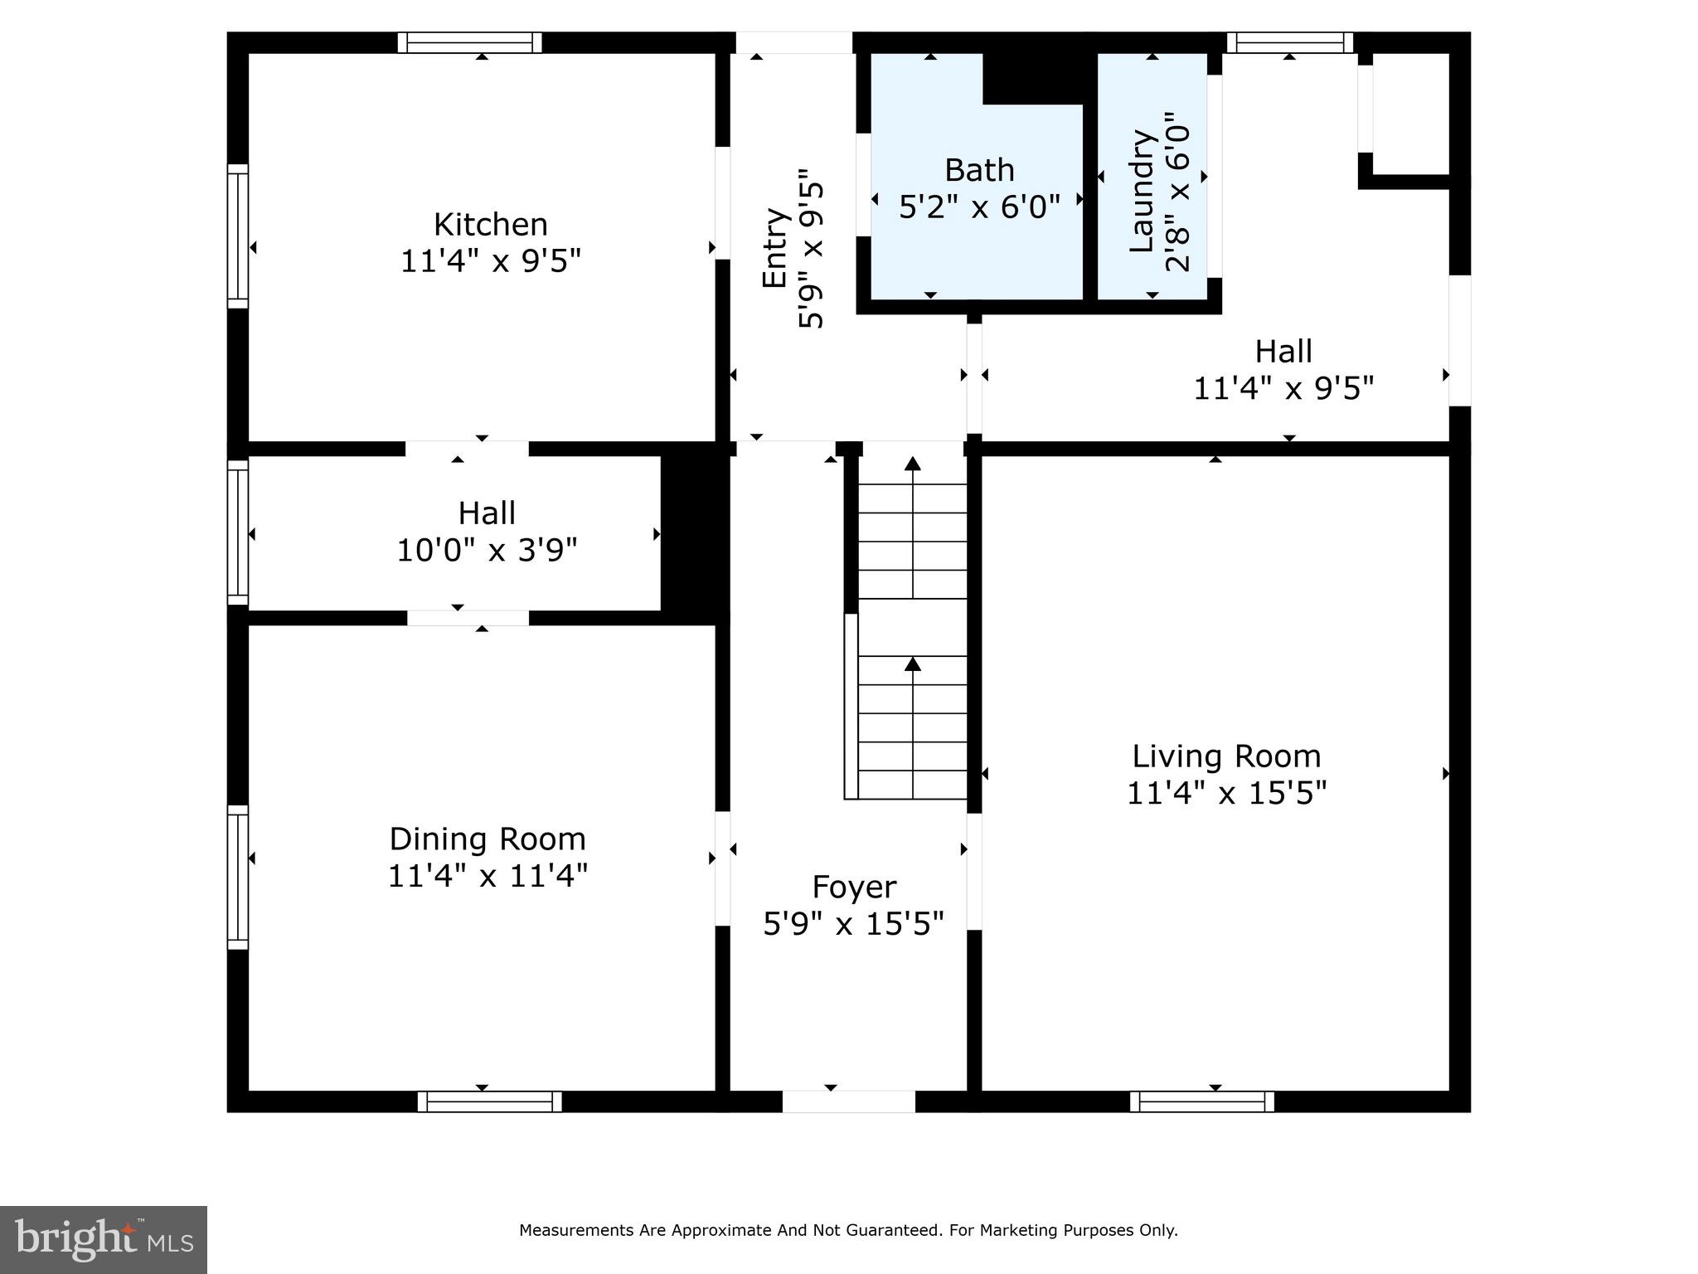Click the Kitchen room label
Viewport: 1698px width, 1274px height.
490,225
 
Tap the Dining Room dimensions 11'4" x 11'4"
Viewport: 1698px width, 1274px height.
488,876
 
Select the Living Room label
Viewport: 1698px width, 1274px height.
1225,756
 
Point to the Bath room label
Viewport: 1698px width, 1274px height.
979,170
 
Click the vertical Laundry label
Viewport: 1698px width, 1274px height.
1143,191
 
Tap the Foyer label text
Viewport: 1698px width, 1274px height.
853,887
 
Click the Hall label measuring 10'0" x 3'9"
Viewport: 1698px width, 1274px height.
487,513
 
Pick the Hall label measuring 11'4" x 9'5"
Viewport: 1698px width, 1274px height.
1283,352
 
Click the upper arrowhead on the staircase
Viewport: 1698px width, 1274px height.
913,464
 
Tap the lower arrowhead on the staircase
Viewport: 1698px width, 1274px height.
913,664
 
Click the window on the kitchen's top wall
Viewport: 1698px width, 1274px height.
469,42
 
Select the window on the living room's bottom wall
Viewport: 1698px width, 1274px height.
1201,1101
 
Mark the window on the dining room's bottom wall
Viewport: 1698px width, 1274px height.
489,1101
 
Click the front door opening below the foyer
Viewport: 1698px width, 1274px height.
848,1101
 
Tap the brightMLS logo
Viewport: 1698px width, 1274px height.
103,1239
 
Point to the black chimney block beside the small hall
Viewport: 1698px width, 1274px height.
694,532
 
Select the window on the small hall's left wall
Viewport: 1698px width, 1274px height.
238,532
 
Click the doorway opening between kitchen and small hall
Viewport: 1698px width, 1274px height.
467,449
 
